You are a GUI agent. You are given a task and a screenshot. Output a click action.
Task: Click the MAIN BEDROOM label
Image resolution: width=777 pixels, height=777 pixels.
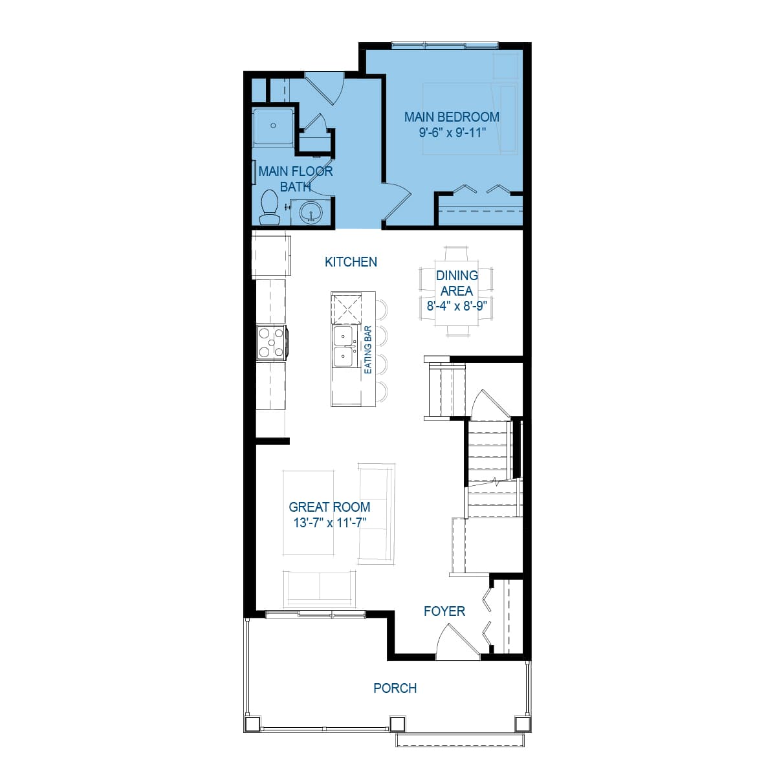point(452,117)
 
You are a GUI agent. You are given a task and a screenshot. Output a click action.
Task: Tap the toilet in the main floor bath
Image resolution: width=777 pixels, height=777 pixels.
point(269,207)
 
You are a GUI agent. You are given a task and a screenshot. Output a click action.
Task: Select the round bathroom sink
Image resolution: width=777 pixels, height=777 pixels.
point(311,212)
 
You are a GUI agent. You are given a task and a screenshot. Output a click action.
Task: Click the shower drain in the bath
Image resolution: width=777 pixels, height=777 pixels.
point(273,126)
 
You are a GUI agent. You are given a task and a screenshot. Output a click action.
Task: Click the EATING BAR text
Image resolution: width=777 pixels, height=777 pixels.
point(367,349)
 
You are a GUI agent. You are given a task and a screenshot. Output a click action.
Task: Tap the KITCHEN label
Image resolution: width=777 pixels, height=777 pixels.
point(351,261)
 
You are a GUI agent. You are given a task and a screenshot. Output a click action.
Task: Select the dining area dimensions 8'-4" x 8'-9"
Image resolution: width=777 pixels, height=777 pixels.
point(457,305)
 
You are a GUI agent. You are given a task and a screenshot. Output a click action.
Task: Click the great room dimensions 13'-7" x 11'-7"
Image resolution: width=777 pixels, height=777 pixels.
point(330,523)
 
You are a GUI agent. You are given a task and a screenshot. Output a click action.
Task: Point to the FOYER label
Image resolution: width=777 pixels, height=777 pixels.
point(444,611)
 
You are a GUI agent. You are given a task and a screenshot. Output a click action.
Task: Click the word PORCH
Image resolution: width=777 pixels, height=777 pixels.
point(395,688)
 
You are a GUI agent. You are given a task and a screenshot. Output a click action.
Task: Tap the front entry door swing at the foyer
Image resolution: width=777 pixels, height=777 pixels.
point(457,642)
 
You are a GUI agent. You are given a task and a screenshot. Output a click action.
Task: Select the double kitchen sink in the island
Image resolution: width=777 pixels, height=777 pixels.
point(344,347)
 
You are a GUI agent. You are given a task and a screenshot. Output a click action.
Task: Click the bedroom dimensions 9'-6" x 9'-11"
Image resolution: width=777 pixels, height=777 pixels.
point(452,132)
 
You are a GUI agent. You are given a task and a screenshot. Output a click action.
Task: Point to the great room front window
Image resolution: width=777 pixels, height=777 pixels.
point(315,615)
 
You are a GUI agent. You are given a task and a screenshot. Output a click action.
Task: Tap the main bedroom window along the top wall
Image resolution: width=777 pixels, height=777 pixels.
point(444,45)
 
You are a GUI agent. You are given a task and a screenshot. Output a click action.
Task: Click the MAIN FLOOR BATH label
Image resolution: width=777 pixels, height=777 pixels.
point(296,179)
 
